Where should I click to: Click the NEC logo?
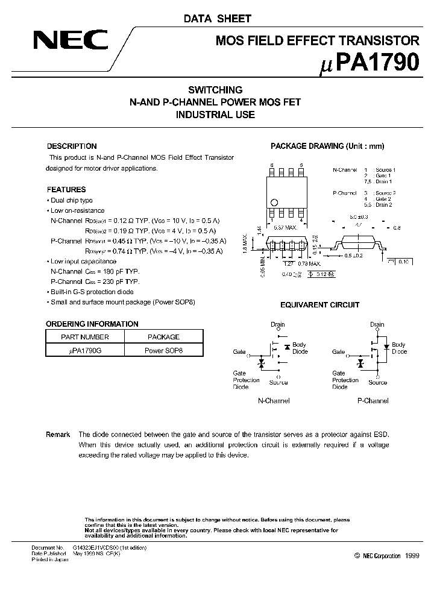[71, 41]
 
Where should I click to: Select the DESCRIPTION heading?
[72, 146]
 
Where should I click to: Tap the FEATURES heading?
[66, 189]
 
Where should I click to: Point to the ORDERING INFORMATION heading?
[92, 324]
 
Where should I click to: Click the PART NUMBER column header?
[85, 337]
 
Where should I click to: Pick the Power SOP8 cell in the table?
[163, 350]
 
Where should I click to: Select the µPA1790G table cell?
[85, 350]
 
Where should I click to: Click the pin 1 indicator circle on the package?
[274, 203]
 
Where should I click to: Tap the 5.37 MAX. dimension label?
[286, 227]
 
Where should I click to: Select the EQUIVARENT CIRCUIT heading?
[320, 305]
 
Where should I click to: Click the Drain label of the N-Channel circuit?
[277, 324]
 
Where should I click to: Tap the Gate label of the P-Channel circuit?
[338, 351]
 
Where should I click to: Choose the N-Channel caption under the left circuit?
[273, 400]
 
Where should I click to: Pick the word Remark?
[58, 434]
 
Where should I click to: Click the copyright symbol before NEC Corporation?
[357, 556]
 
